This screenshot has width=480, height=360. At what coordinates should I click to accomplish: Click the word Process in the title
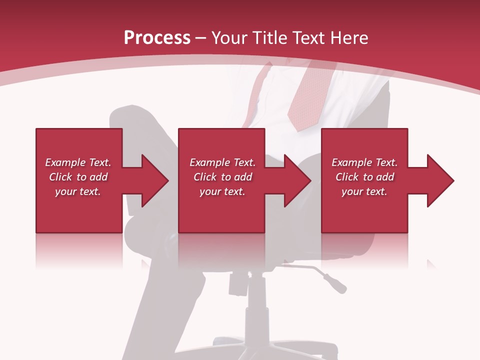(x=157, y=38)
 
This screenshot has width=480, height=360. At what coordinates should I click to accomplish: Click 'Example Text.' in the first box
(x=78, y=162)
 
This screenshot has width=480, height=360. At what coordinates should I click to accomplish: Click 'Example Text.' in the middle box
(x=222, y=162)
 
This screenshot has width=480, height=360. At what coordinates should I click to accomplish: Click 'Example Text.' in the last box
(x=364, y=162)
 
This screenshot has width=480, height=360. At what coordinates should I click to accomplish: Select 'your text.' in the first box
(x=78, y=191)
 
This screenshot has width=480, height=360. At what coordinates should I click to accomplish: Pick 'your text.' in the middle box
(x=222, y=191)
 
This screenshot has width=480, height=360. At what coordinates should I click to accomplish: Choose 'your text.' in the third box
(x=364, y=191)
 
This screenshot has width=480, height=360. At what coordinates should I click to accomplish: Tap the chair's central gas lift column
(x=256, y=300)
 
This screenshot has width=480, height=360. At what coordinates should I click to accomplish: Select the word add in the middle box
(x=243, y=177)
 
